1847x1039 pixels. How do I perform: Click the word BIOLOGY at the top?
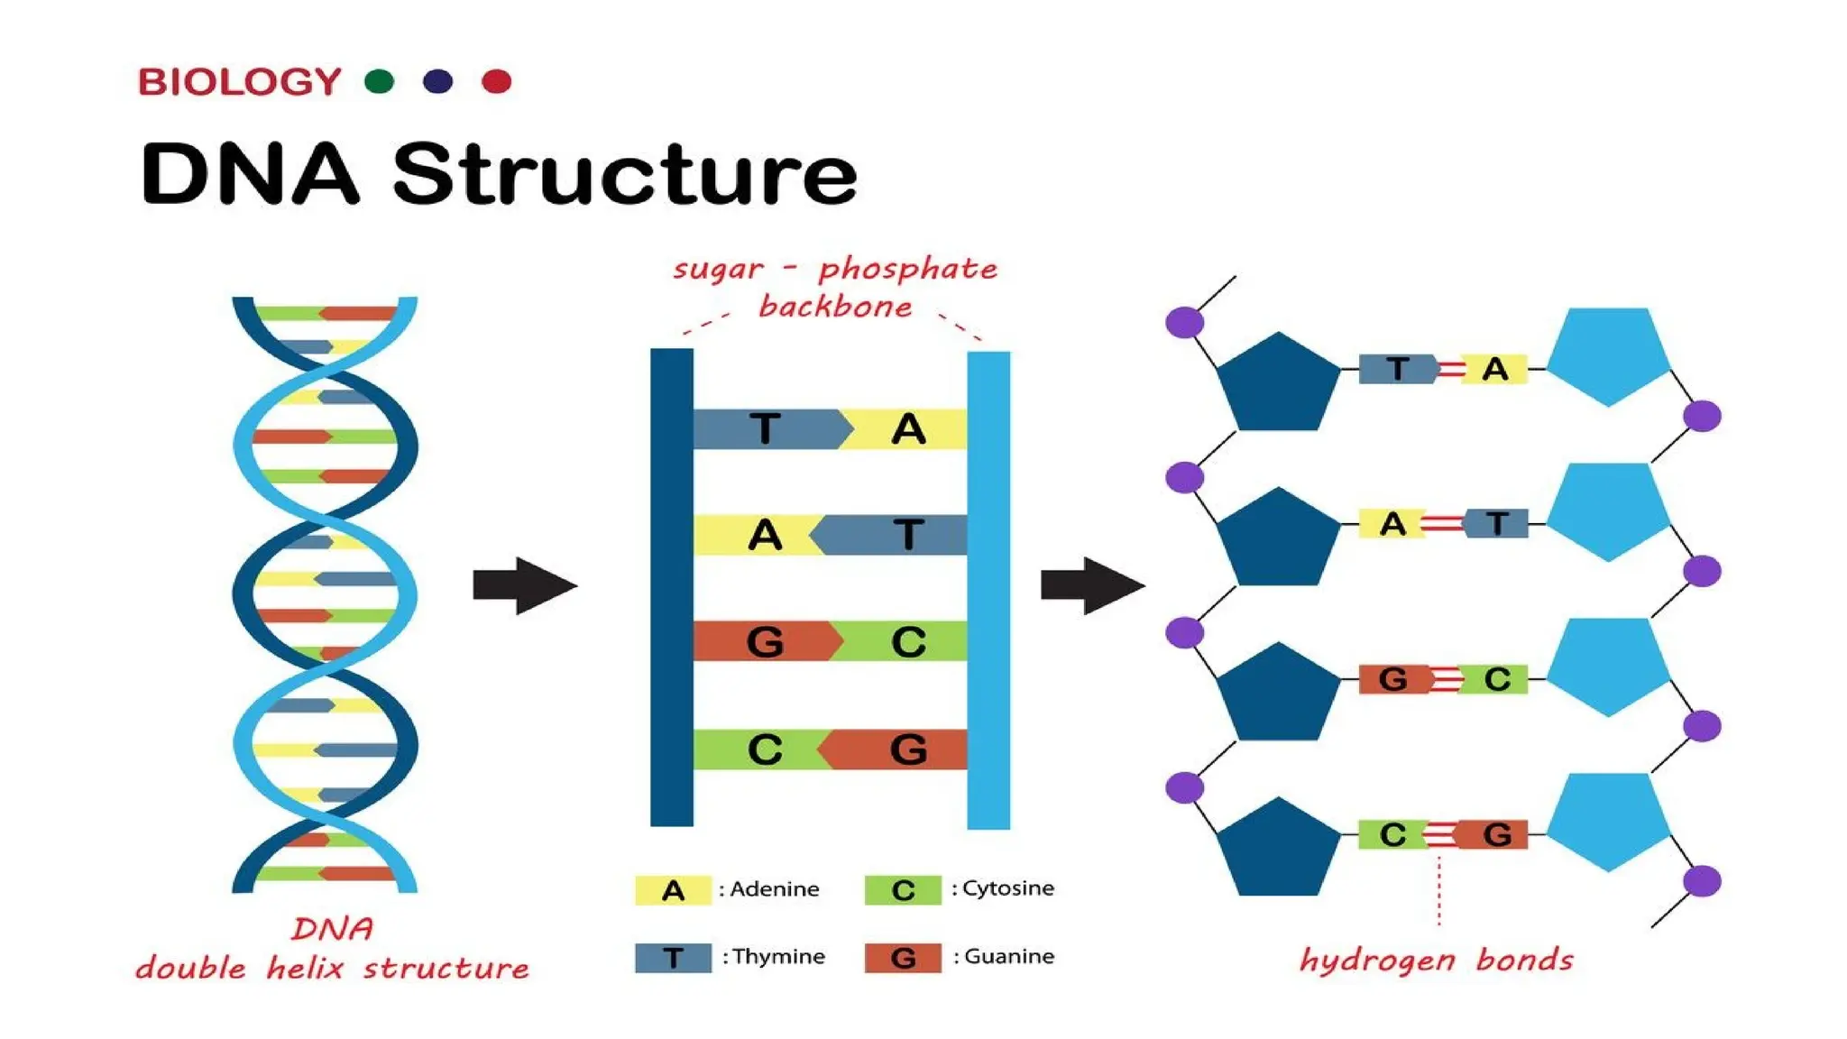(x=239, y=82)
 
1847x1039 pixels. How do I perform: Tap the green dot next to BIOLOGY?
(x=379, y=82)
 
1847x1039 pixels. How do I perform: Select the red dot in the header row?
(x=496, y=82)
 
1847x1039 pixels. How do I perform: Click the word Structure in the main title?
(x=624, y=174)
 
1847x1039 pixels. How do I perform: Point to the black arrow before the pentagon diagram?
(x=1092, y=586)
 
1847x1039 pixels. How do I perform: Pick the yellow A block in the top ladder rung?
(x=906, y=429)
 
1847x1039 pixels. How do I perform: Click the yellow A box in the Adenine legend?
(x=673, y=890)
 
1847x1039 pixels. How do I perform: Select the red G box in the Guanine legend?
(x=903, y=958)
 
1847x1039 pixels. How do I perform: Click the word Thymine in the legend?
(x=778, y=957)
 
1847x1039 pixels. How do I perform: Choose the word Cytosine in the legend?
(x=1007, y=888)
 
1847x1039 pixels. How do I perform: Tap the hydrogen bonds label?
(x=1436, y=960)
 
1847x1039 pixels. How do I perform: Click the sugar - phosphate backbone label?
(x=836, y=288)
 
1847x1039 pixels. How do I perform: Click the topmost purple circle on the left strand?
(x=1184, y=322)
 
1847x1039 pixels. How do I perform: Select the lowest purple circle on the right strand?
(x=1702, y=881)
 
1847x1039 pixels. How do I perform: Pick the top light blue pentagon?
(x=1608, y=355)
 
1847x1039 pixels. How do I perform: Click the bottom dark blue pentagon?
(x=1278, y=850)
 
